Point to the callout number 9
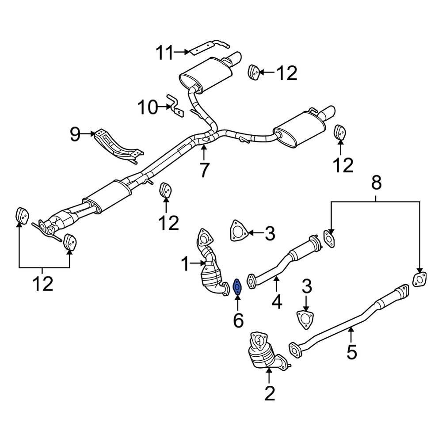tap(75, 133)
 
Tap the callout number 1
tap(186, 265)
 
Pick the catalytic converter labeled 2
tap(264, 352)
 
